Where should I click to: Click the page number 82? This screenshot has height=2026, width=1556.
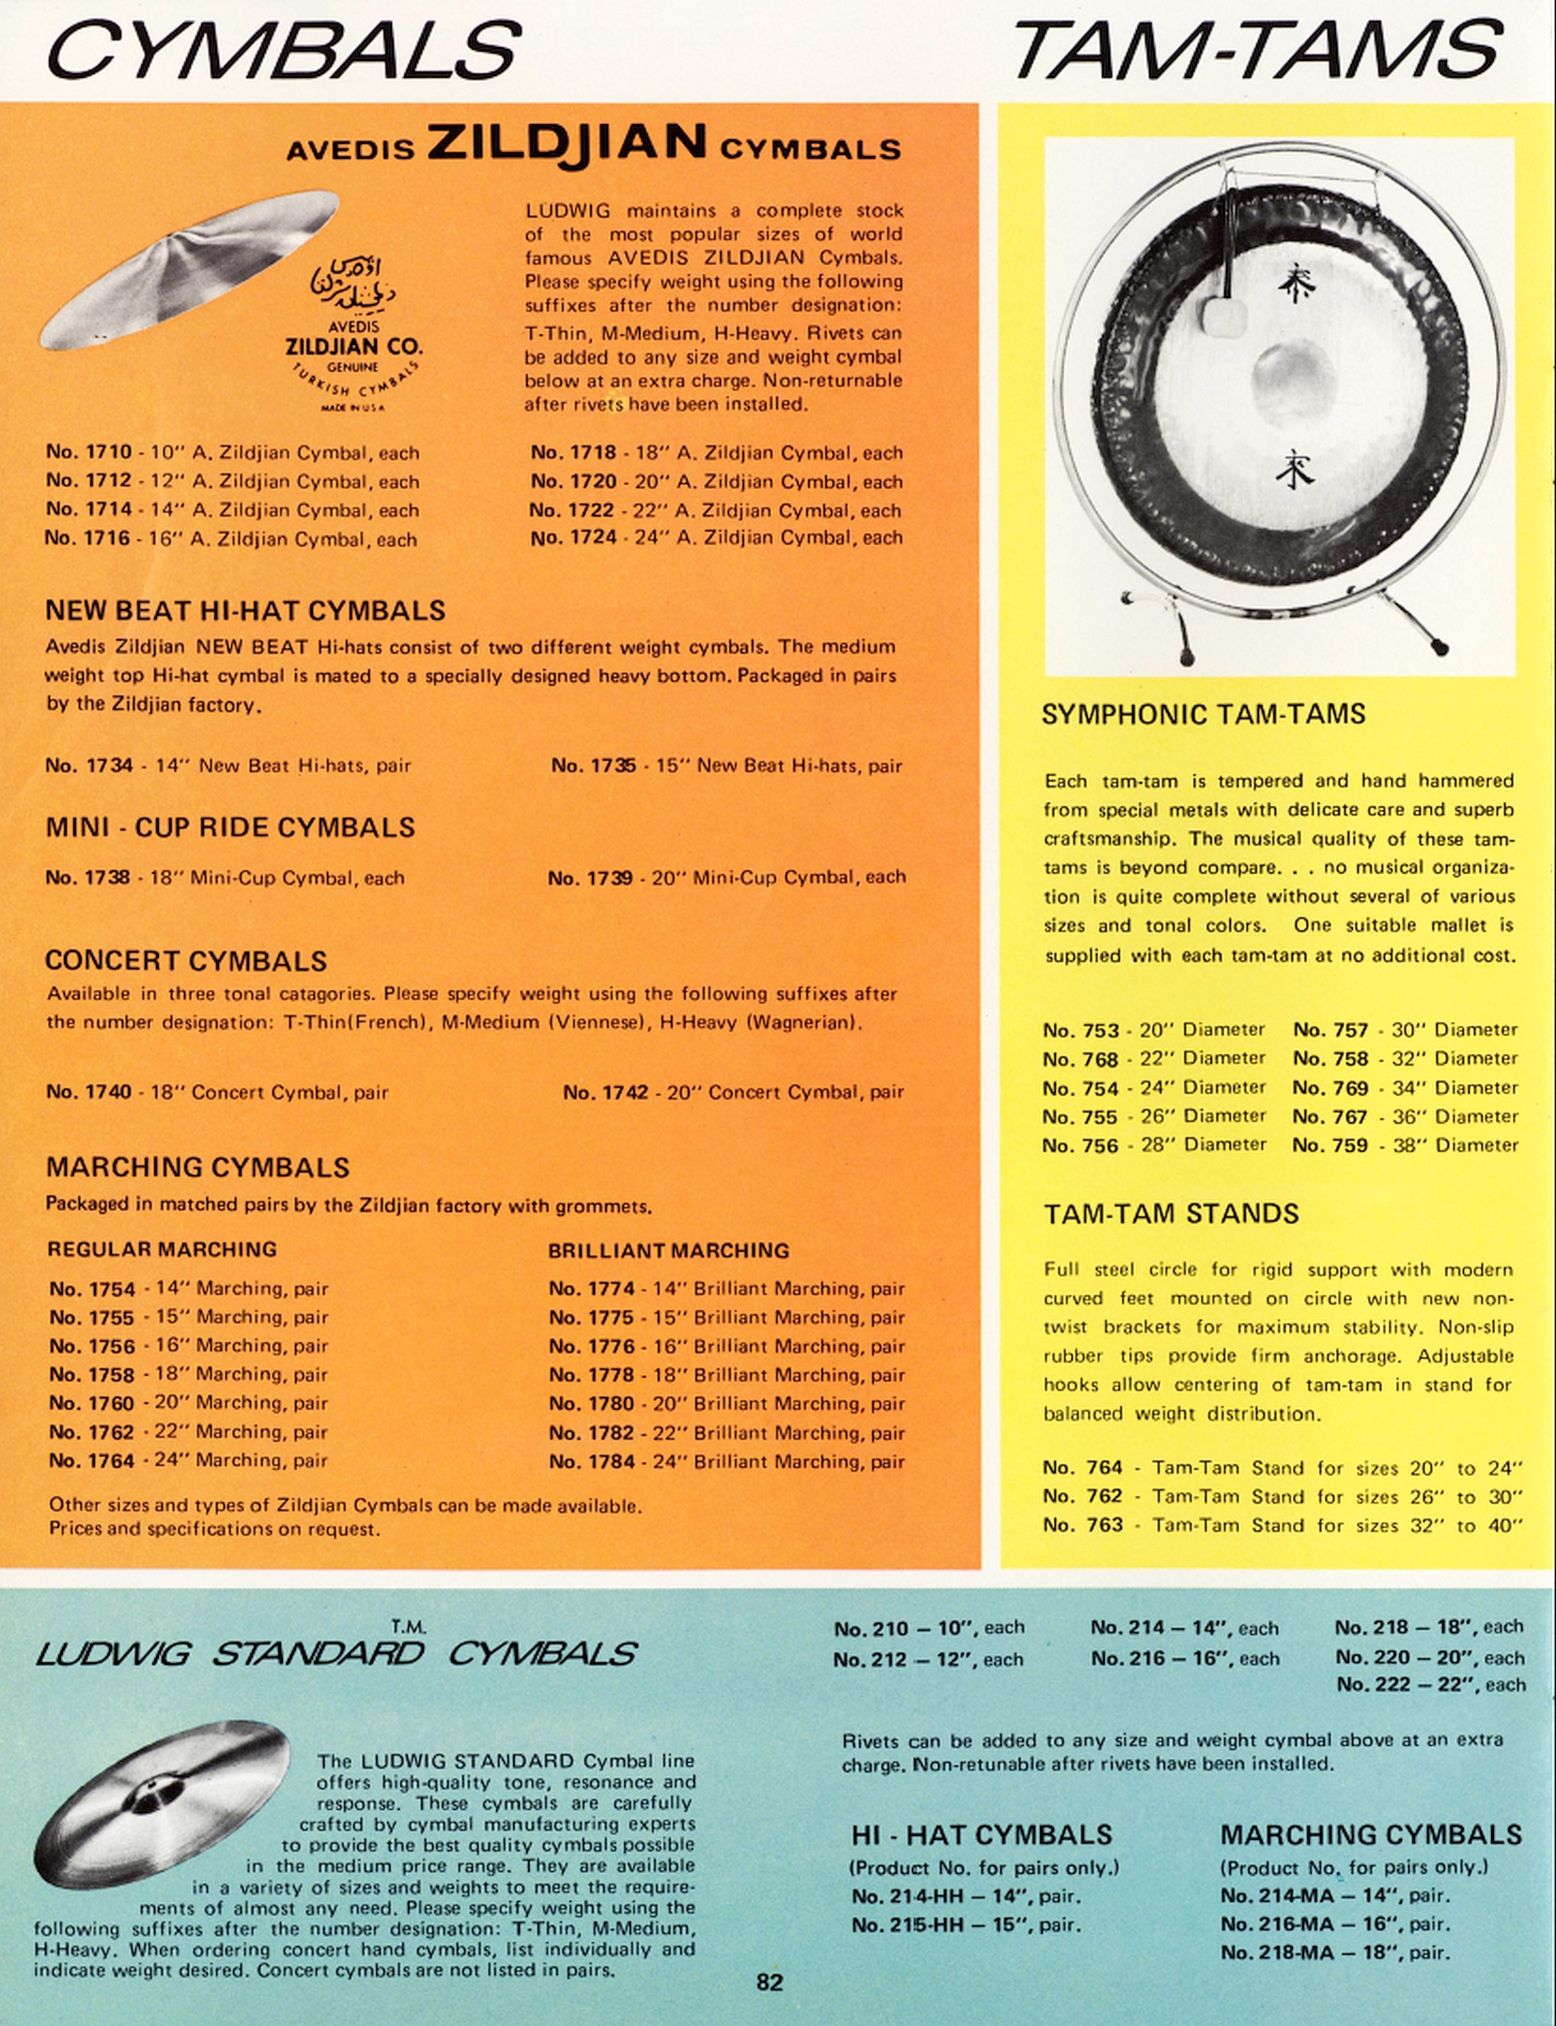770,1982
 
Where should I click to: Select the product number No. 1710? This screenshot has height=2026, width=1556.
88,452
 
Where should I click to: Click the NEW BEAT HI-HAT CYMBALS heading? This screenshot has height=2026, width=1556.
245,611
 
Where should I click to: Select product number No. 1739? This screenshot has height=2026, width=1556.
589,878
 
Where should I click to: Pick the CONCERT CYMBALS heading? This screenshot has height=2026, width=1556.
186,960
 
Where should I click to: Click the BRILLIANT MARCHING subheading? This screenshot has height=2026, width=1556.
668,1251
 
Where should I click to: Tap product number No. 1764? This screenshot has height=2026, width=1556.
92,1460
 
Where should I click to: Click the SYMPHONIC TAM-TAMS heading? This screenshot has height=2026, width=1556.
1203,714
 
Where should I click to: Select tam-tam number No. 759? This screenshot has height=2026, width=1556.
1330,1145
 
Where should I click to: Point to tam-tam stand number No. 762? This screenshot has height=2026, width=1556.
1082,1496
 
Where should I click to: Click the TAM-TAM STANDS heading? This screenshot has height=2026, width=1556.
1171,1214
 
